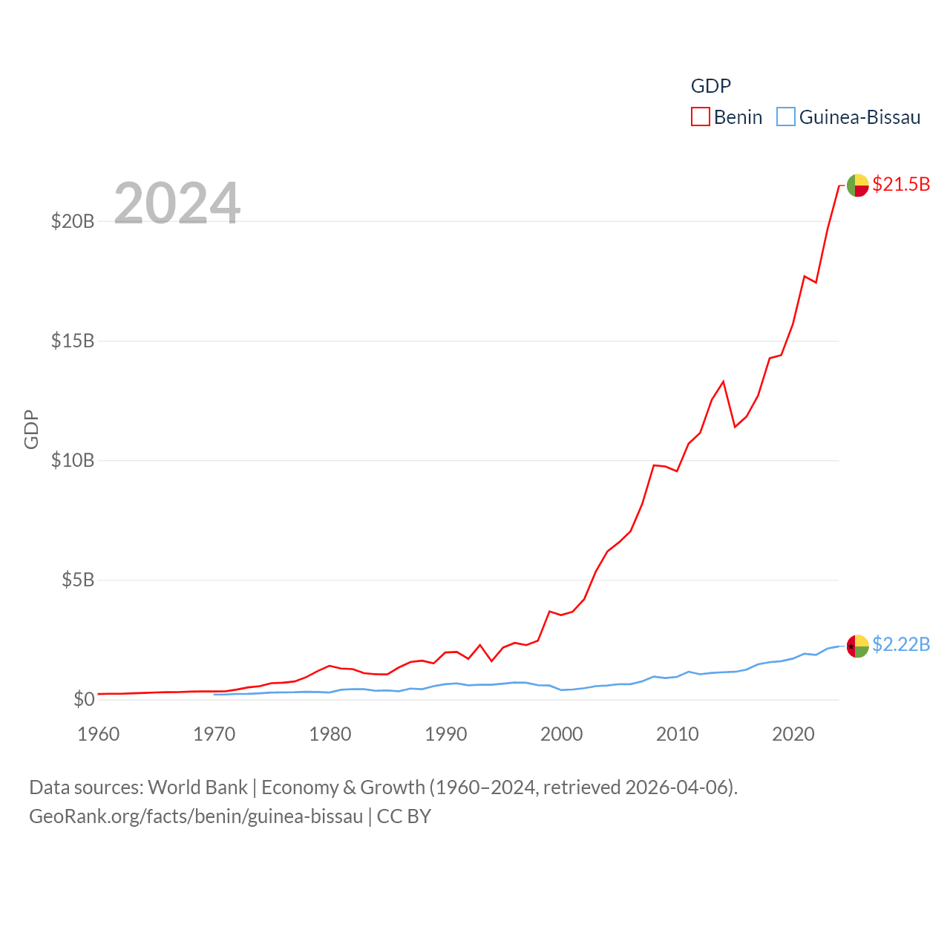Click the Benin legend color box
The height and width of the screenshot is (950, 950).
coord(700,117)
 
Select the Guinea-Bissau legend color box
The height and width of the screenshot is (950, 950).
coord(785,117)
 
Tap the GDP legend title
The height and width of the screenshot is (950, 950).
coord(710,86)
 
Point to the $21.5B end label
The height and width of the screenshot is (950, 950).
coord(901,184)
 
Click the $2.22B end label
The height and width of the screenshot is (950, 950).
coord(901,644)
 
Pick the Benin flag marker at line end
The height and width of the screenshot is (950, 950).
coord(857,185)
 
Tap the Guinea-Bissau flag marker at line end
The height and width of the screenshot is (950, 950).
coord(857,646)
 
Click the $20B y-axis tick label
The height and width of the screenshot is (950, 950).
coord(73,221)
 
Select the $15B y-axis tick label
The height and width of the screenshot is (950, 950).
coord(73,341)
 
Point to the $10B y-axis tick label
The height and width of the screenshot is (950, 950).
coord(73,460)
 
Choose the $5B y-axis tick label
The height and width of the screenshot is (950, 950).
coord(78,580)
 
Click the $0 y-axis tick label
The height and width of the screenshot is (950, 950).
coord(84,699)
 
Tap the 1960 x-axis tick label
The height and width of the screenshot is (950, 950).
coord(99,734)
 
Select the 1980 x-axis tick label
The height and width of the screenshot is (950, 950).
coord(330,734)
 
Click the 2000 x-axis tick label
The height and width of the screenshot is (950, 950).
coord(562,734)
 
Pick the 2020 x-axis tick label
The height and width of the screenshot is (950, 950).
coord(793,734)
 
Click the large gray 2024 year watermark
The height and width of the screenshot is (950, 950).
coord(177,203)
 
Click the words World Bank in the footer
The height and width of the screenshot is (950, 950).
coord(198,787)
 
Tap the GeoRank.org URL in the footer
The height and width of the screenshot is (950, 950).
coord(196,816)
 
